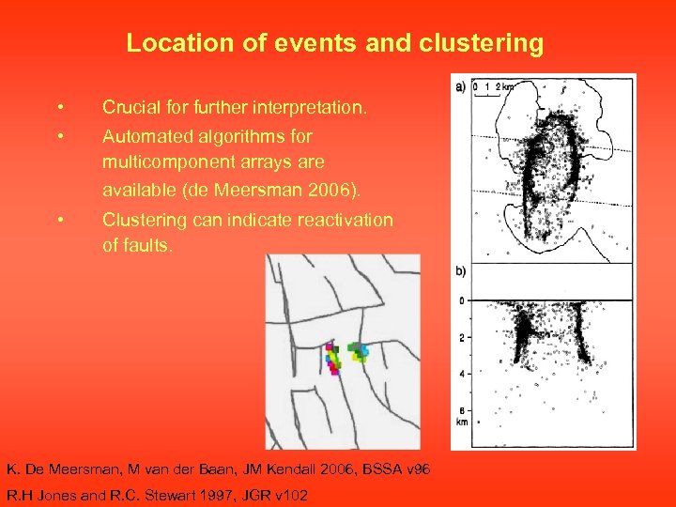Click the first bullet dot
tap(59, 108)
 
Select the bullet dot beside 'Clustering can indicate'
tap(59, 220)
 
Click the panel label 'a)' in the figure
tap(460, 86)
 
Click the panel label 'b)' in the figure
tap(460, 271)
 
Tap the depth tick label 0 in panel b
tap(462, 301)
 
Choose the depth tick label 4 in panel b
tap(462, 374)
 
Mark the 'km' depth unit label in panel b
tap(462, 422)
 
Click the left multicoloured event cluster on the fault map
tap(333, 359)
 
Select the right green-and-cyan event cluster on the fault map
tap(359, 352)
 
